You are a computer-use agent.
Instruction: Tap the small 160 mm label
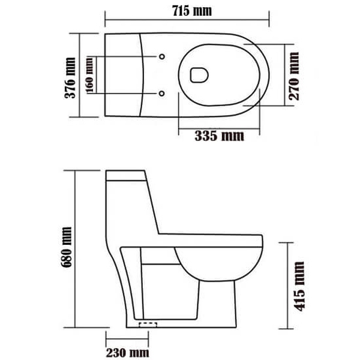(89, 74)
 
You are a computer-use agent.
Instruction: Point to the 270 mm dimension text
(294, 75)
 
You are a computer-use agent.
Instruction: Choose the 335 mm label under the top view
(219, 136)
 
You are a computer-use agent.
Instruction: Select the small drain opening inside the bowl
(197, 74)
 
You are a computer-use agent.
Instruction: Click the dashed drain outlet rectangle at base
(148, 325)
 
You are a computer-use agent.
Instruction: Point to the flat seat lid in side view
(210, 239)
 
